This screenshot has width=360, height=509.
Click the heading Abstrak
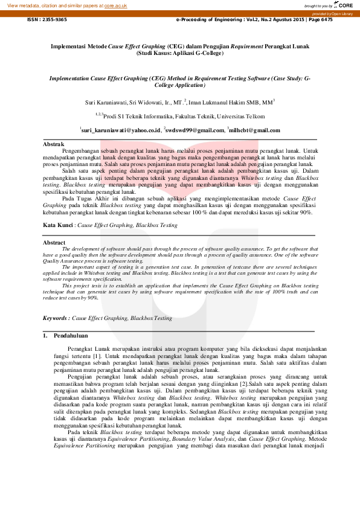tap(54, 144)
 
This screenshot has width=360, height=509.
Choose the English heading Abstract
tap(54, 242)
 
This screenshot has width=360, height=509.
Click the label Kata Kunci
tap(58, 225)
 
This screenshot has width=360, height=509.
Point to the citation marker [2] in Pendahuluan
tap(244, 383)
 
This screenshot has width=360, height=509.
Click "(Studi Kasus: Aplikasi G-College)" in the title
tap(180, 53)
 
